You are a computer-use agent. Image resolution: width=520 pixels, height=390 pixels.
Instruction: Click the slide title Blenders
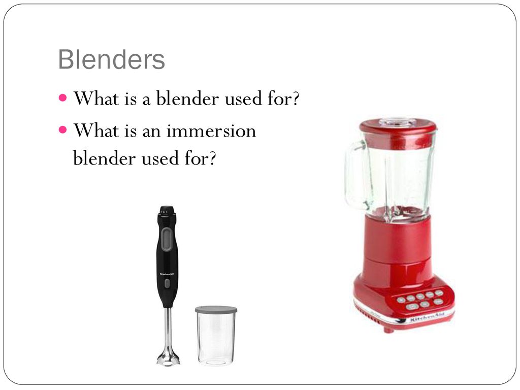(x=111, y=60)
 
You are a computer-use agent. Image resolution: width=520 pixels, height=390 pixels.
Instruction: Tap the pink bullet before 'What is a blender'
(x=62, y=98)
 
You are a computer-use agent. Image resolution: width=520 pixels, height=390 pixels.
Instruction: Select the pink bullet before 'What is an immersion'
(x=62, y=129)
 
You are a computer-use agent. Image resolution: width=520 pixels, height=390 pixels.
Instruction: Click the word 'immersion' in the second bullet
(x=211, y=131)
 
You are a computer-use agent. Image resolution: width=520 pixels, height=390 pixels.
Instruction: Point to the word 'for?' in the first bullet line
(x=283, y=98)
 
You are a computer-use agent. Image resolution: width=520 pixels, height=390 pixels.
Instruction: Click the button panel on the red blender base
(x=420, y=300)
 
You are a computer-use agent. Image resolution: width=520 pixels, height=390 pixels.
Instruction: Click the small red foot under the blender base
(x=388, y=330)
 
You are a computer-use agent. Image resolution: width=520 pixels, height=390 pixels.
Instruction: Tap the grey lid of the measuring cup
(x=216, y=309)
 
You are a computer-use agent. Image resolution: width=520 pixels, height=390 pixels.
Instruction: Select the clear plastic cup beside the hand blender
(x=216, y=336)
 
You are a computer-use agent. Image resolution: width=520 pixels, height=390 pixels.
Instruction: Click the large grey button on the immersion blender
(x=167, y=239)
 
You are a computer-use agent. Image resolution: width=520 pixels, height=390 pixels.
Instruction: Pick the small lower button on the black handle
(x=167, y=283)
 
